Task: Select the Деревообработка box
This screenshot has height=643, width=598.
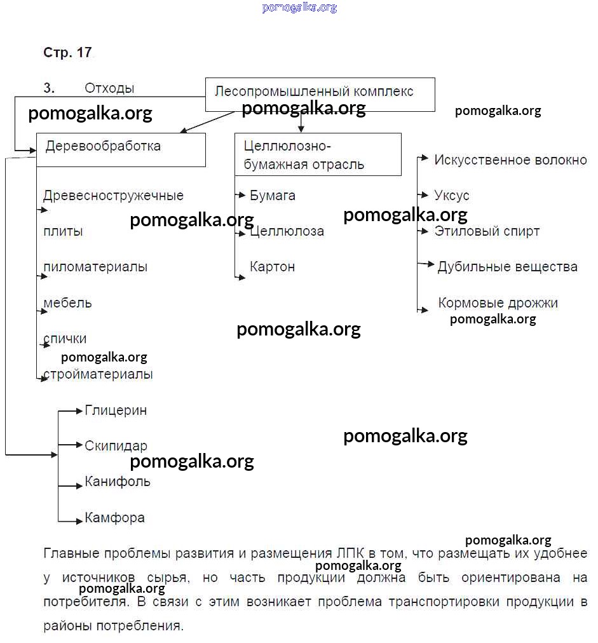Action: pos(121,149)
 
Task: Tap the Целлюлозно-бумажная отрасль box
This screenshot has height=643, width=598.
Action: pos(318,154)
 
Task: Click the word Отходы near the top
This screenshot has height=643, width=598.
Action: pos(109,88)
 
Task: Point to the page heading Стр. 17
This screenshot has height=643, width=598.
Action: pos(67,53)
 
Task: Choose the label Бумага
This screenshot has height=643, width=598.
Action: pos(273,196)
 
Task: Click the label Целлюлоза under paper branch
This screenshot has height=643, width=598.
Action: pos(287,231)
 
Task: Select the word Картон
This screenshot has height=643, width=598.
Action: pos(273,267)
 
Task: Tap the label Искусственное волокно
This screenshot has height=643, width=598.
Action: pos(510,160)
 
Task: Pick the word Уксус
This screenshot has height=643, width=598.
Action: pos(452,196)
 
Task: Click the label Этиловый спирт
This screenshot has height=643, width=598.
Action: pos(487,231)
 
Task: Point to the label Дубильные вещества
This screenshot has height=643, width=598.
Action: pos(507,267)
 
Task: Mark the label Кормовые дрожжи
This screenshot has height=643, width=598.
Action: pos(498,303)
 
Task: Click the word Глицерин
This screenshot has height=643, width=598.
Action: pos(116,410)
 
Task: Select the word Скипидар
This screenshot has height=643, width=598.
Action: pos(116,446)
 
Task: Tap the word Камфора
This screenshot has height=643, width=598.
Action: pos(114,518)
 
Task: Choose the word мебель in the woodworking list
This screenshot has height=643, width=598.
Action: pos(67,303)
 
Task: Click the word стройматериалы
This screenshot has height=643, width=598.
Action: pos(98,374)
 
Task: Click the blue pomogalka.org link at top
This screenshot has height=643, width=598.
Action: pos(299,8)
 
